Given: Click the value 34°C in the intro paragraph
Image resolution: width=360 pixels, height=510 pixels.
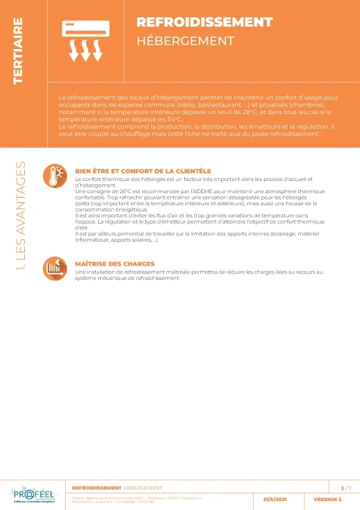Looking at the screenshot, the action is pyautogui.click(x=173, y=119).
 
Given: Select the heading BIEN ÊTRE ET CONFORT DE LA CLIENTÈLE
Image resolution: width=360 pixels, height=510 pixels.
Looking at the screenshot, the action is pyautogui.click(x=143, y=171).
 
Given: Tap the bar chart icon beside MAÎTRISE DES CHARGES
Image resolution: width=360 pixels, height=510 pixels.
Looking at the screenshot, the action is pyautogui.click(x=55, y=267).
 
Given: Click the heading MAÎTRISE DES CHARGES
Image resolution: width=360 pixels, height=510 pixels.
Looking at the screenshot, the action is pyautogui.click(x=115, y=263).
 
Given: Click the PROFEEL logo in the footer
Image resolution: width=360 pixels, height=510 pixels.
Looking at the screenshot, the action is pyautogui.click(x=33, y=495).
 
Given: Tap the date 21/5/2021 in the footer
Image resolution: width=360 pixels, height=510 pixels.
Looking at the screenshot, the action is pyautogui.click(x=275, y=500).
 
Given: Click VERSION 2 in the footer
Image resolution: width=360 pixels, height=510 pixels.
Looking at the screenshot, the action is pyautogui.click(x=328, y=500).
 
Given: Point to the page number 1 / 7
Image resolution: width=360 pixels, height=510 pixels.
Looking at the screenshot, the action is pyautogui.click(x=346, y=488).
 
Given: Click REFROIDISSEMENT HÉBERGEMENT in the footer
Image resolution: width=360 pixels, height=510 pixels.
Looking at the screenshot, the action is pyautogui.click(x=112, y=488).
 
